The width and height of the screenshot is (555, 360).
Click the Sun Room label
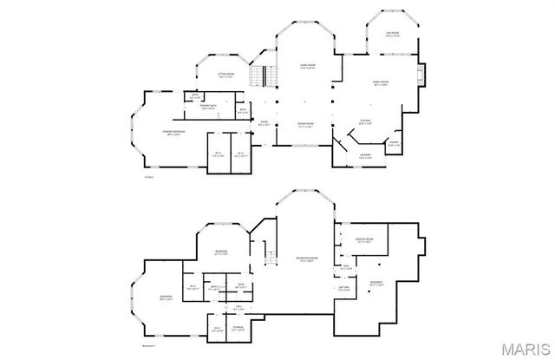pyautogui.click(x=392, y=34)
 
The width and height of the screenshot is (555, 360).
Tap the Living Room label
pyautogui.click(x=306, y=66)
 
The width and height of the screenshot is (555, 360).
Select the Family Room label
pyautogui.click(x=380, y=82)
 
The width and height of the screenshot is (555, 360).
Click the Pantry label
pyautogui.click(x=393, y=144)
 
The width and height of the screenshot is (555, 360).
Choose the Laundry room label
pyautogui.click(x=365, y=157)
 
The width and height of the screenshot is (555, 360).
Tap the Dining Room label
pyautogui.click(x=305, y=126)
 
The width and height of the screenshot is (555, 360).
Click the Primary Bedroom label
pyautogui.click(x=176, y=133)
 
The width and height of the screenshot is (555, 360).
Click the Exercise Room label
pyautogui.click(x=364, y=240)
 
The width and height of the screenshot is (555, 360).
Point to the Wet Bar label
pyautogui.click(x=343, y=288)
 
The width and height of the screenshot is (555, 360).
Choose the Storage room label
pyautogui.click(x=239, y=329)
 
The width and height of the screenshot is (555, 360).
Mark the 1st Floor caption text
pyautogui.click(x=149, y=177)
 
